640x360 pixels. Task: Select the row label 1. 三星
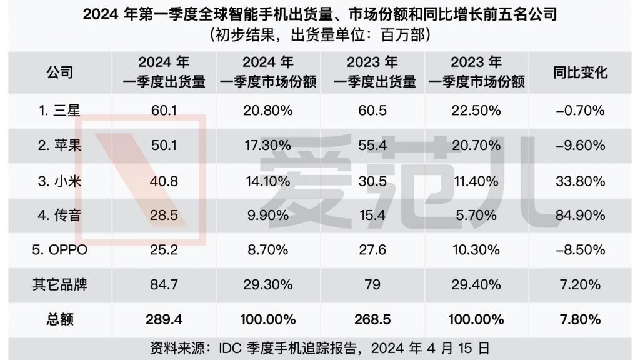click(59, 111)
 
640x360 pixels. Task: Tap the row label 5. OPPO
click(59, 250)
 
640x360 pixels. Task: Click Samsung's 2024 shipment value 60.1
click(163, 111)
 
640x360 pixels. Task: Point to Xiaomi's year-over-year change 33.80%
click(580, 181)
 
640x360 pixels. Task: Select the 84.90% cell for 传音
click(580, 216)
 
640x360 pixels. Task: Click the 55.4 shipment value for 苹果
click(373, 146)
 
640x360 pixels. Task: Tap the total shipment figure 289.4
click(163, 319)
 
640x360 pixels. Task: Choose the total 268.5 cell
click(373, 319)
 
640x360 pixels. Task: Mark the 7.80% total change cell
click(580, 319)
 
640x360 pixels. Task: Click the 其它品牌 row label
click(59, 285)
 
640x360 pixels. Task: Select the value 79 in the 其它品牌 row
click(373, 285)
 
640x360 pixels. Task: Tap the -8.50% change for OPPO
click(580, 250)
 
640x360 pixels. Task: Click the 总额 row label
click(59, 319)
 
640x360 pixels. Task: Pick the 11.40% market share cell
click(476, 181)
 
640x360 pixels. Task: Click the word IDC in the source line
click(227, 347)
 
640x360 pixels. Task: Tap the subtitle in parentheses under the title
click(320, 35)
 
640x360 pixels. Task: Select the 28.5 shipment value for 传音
click(163, 216)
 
